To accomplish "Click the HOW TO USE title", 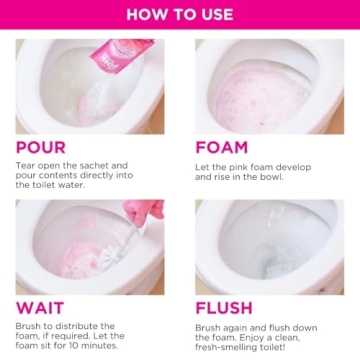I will click(180, 14).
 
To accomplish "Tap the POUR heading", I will click(41, 147).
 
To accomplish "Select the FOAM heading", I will click(222, 147).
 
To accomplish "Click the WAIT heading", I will click(40, 309).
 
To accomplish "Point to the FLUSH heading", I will click(225, 309).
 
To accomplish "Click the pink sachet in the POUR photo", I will click(120, 55).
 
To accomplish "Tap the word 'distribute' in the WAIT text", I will click(75, 326).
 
